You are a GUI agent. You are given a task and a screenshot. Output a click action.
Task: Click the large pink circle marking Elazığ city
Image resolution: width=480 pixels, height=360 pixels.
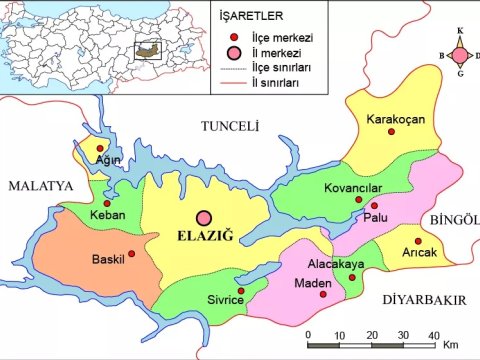pos(205,218)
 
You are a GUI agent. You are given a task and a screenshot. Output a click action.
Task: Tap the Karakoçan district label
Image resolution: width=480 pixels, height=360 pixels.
pos(396,120)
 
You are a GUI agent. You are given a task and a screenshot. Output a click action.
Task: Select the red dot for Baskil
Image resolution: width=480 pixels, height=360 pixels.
pos(131,253)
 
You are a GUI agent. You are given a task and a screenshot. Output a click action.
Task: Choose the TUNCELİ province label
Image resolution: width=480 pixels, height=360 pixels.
pos(230,126)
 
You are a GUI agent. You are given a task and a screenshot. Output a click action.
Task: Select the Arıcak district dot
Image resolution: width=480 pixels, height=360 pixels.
pos(417,241)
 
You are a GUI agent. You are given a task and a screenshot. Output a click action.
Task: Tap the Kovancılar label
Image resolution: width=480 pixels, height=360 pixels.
pos(354,187)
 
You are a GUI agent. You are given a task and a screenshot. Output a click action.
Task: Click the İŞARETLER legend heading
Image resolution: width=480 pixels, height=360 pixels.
pos(253,16)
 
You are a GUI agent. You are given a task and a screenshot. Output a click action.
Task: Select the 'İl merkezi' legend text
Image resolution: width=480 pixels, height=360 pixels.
pos(267,52)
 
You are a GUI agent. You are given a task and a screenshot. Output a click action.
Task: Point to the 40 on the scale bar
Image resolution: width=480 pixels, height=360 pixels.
pos(433,334)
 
